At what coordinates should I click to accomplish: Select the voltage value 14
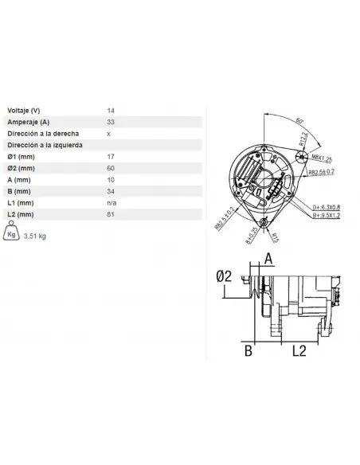tap(111, 109)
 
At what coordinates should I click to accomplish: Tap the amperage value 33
tap(111, 121)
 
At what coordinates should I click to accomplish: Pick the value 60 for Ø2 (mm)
tap(111, 169)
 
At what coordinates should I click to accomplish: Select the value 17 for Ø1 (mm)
tap(111, 157)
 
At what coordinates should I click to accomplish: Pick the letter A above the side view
tap(268, 257)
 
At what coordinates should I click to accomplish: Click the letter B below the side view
tap(248, 350)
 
